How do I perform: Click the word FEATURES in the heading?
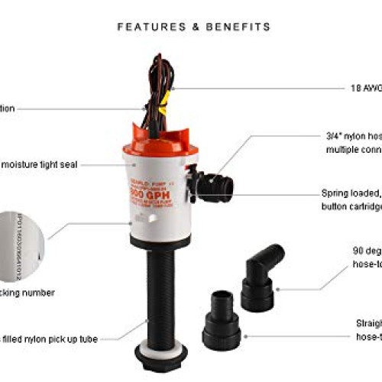pyautogui.click(x=144, y=27)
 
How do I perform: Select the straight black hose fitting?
pyautogui.click(x=222, y=332)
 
